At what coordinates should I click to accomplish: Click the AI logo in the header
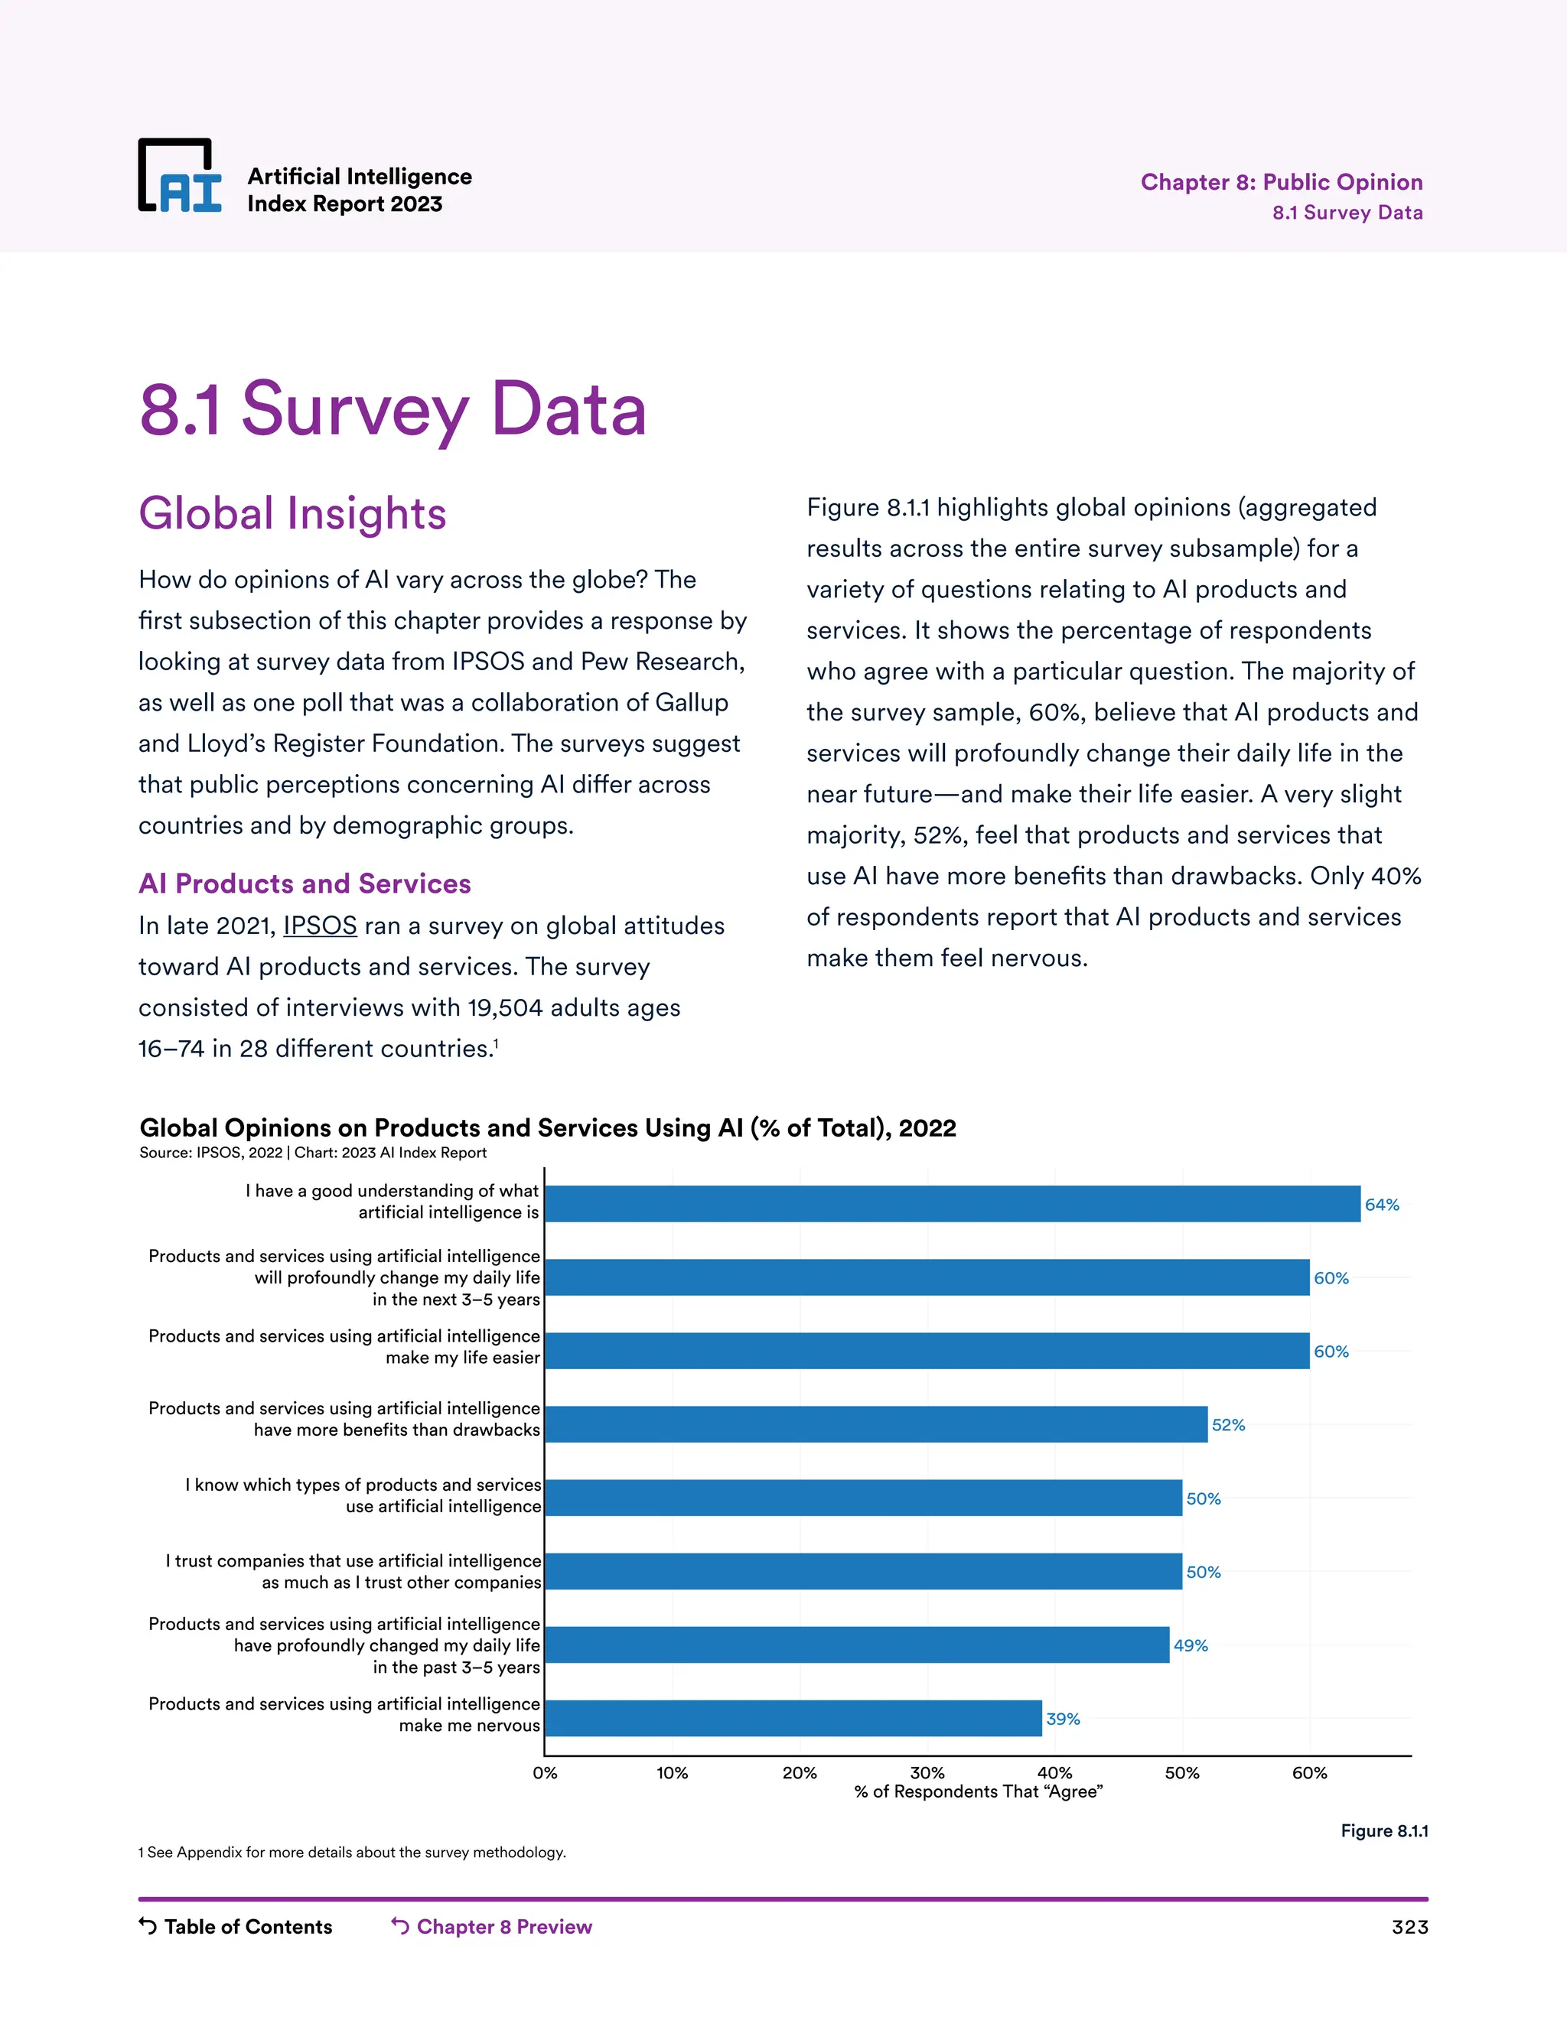(x=180, y=177)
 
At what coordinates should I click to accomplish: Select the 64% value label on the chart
(x=1381, y=1205)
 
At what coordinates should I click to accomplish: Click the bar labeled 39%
(x=793, y=1718)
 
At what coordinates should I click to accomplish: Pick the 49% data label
(x=1190, y=1645)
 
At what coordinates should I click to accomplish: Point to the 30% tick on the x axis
(x=927, y=1773)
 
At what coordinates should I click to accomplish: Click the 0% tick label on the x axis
(x=545, y=1773)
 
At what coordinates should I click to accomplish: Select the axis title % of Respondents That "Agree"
(x=978, y=1792)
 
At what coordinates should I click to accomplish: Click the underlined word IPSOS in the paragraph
(x=319, y=926)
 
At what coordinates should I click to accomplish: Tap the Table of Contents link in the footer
(x=247, y=1927)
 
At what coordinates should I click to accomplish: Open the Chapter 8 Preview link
(x=503, y=1927)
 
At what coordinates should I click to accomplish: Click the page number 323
(x=1409, y=1928)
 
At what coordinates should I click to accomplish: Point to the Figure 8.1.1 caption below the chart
(x=1383, y=1831)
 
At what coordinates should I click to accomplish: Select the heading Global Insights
(x=292, y=514)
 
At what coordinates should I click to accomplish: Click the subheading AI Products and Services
(x=305, y=883)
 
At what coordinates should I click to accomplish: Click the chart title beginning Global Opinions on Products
(x=548, y=1127)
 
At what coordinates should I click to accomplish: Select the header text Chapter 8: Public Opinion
(x=1281, y=182)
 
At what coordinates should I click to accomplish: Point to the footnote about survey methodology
(x=352, y=1853)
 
